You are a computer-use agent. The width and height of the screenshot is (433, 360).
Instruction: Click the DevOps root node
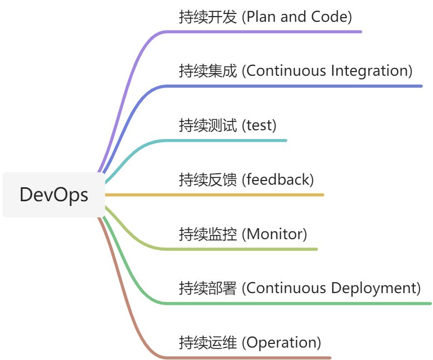point(53,195)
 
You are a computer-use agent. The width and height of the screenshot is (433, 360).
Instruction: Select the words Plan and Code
point(299,17)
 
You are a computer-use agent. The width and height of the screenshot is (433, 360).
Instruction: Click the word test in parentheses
point(261,125)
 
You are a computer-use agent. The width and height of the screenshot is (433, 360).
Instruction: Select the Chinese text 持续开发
point(208,17)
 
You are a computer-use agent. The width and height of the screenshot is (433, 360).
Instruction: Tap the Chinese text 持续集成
point(208,71)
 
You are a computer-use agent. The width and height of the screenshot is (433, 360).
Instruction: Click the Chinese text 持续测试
point(208,125)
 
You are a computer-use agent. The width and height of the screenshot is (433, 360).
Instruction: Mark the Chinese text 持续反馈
point(208,179)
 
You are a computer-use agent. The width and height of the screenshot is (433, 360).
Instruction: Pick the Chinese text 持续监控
point(208,234)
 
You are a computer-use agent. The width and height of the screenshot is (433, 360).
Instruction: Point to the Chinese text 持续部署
point(208,288)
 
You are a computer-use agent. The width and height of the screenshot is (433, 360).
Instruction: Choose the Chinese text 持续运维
point(208,342)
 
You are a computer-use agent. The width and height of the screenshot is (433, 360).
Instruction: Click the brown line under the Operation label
point(249,357)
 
